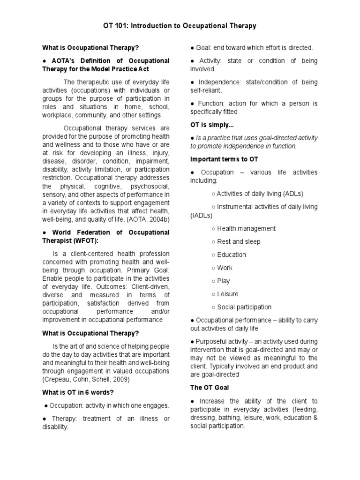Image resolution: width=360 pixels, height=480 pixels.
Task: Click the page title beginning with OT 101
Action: pyautogui.click(x=180, y=26)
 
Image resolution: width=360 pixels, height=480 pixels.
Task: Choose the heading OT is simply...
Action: pyautogui.click(x=211, y=125)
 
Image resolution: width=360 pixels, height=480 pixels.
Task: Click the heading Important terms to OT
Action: pyautogui.click(x=224, y=159)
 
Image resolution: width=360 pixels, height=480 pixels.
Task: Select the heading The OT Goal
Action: pyautogui.click(x=210, y=388)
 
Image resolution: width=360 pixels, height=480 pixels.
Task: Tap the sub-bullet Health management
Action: pyautogui.click(x=246, y=228)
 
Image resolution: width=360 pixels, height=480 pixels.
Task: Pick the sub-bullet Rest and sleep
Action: pyautogui.click(x=239, y=241)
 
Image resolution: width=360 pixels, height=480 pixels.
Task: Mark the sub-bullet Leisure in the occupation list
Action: pyautogui.click(x=227, y=294)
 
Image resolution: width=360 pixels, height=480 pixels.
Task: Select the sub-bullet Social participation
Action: pyautogui.click(x=244, y=307)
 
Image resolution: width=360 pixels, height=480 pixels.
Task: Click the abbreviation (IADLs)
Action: pyautogui.click(x=201, y=215)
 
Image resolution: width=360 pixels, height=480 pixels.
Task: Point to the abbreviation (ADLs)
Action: pyautogui.click(x=291, y=194)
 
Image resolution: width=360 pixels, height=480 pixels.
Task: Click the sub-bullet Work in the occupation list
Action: pyautogui.click(x=225, y=268)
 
